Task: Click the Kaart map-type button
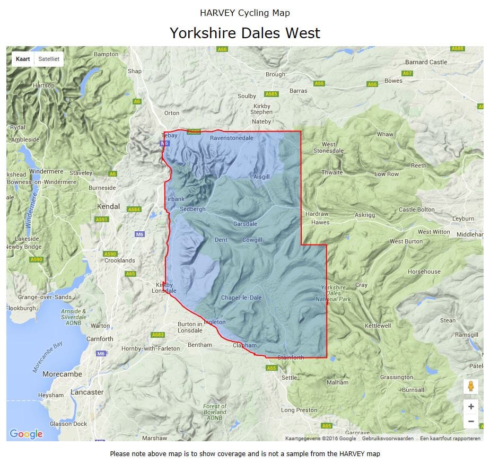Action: point(23,59)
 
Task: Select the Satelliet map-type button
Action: point(49,59)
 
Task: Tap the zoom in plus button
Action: point(470,407)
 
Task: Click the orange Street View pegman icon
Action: point(470,387)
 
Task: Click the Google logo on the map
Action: point(26,434)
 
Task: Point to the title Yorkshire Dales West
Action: point(244,33)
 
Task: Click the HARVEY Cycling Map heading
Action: point(244,13)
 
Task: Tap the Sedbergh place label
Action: point(192,209)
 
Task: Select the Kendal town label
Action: point(108,206)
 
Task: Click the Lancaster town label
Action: point(87,392)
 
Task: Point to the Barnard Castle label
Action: point(426,62)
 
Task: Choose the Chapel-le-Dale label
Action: point(241,298)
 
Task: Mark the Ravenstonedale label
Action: point(232,138)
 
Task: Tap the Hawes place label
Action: point(320,222)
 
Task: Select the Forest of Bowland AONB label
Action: point(215,412)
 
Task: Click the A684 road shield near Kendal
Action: point(134,209)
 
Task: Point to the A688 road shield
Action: point(457,49)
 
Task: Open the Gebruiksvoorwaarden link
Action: point(388,439)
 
